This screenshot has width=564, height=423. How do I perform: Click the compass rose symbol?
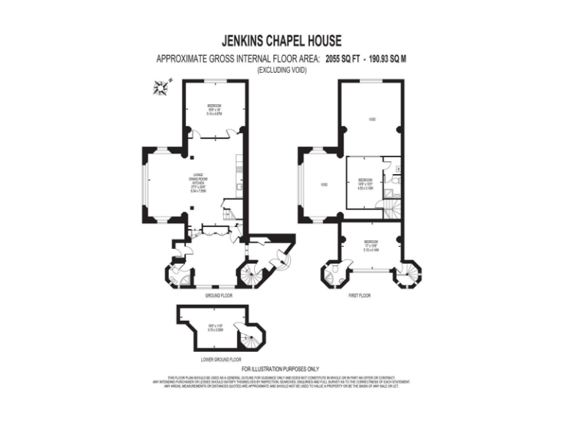click(159, 90)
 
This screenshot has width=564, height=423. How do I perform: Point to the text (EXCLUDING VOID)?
click(281, 69)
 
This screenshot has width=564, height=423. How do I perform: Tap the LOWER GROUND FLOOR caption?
click(221, 360)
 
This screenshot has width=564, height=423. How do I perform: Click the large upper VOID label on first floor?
click(372, 119)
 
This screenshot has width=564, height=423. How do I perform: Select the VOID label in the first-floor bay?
click(321, 184)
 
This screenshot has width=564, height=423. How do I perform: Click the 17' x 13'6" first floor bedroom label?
click(371, 246)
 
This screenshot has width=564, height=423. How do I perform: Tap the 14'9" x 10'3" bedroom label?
click(366, 184)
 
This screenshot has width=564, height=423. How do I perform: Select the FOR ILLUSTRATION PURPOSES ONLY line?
click(281, 369)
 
